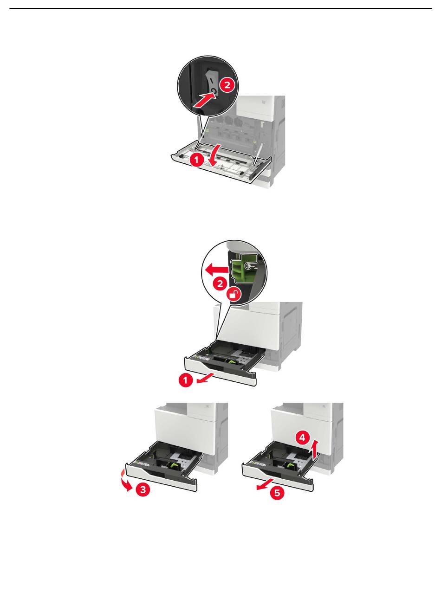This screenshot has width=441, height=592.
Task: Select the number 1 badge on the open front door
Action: tap(197, 160)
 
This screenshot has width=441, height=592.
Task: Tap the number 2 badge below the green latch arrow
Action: tap(220, 283)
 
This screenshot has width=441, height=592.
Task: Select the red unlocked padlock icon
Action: tap(233, 295)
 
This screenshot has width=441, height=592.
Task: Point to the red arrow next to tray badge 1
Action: tap(205, 378)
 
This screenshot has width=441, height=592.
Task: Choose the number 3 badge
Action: tap(143, 489)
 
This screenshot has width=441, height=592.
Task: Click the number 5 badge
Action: tap(277, 492)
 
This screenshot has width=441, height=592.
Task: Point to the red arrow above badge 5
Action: tap(265, 484)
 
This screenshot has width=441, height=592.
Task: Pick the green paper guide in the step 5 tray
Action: tap(290, 466)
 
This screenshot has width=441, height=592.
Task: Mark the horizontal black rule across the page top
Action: tap(220, 8)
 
